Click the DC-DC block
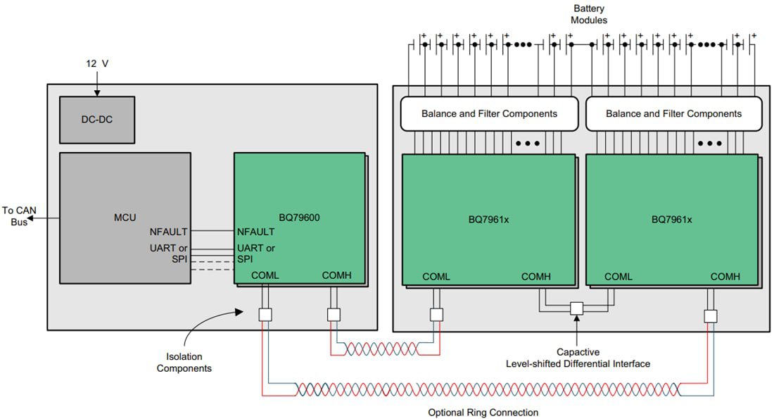click(96, 119)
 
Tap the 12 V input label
click(97, 63)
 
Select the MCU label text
click(125, 218)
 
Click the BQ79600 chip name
click(300, 218)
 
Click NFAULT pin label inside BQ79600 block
click(256, 232)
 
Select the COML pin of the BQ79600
click(265, 275)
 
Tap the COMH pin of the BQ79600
click(336, 275)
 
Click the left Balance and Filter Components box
click(489, 113)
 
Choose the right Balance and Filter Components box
click(673, 113)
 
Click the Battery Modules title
click(589, 14)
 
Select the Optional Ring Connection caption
click(483, 412)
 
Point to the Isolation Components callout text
click(184, 363)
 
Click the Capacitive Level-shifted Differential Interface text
click(578, 358)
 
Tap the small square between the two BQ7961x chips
click(577, 308)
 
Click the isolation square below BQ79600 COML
click(265, 315)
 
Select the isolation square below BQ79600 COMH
click(334, 315)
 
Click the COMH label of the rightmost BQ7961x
click(725, 277)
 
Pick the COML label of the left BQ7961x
click(436, 277)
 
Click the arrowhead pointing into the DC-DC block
click(97, 92)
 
